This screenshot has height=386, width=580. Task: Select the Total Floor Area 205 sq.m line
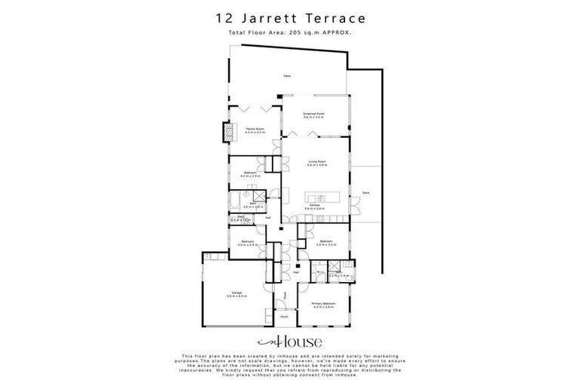tap(290, 33)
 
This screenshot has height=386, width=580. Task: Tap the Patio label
tap(287, 76)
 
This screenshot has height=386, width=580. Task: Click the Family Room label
tap(255, 130)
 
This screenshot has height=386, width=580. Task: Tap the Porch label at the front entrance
tap(285, 317)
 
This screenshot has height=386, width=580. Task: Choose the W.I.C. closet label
tap(320, 272)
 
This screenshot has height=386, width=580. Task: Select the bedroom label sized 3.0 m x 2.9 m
tap(248, 244)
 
